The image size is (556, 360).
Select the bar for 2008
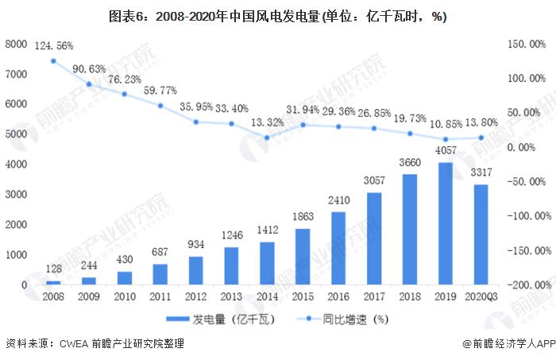pyautogui.click(x=53, y=282)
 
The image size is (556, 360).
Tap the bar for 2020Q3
pyautogui.click(x=481, y=234)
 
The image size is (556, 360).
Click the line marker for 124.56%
pyautogui.click(x=53, y=61)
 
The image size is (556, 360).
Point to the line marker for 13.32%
pyautogui.click(x=267, y=137)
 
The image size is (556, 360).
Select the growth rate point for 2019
pyautogui.click(x=446, y=139)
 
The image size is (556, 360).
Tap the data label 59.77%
pyautogui.click(x=160, y=91)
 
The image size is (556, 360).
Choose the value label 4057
pyautogui.click(x=446, y=151)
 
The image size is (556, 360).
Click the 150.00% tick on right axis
pyautogui.click(x=527, y=45)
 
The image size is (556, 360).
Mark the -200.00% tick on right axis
pyautogui.click(x=527, y=285)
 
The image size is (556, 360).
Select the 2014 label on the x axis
pyautogui.click(x=267, y=296)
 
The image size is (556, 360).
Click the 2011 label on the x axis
pyautogui.click(x=160, y=296)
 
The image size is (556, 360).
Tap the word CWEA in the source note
pyautogui.click(x=73, y=344)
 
